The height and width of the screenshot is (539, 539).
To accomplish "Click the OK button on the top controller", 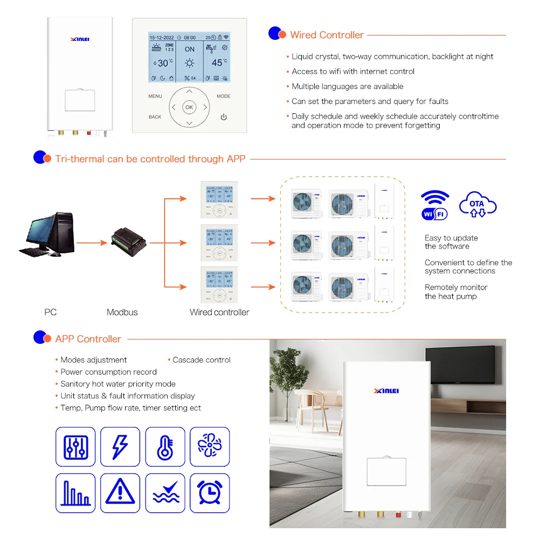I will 189,107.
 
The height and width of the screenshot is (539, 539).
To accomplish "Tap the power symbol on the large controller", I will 224,117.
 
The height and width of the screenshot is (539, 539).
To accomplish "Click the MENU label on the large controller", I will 155,96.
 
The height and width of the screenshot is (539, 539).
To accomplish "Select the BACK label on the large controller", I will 155,117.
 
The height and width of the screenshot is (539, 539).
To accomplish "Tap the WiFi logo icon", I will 435,205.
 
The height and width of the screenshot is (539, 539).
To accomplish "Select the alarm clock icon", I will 210,493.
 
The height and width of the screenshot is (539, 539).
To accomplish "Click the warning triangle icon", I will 120,493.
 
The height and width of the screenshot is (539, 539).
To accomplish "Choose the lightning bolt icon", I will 120,447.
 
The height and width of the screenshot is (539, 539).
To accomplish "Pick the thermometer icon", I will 165,447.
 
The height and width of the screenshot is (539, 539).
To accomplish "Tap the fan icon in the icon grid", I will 210,447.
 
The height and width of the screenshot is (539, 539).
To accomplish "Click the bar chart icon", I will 75,493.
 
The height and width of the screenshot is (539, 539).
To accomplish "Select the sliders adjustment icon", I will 75,447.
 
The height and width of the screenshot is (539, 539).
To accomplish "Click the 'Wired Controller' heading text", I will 327,35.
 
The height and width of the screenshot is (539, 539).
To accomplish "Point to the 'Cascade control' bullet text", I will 201,360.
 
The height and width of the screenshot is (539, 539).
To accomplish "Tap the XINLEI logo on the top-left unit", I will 80,39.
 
